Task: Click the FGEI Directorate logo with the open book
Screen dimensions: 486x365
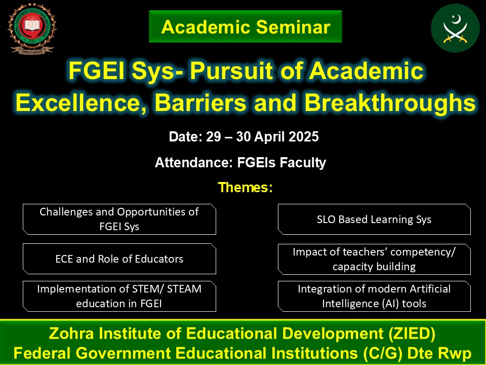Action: (x=32, y=28)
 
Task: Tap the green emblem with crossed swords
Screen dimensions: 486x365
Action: (x=455, y=28)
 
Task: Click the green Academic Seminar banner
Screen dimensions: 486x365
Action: (x=245, y=26)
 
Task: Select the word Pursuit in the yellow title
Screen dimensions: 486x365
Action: (x=232, y=71)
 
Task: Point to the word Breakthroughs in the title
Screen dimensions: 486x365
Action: (x=390, y=102)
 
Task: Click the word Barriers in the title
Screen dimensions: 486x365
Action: (x=200, y=102)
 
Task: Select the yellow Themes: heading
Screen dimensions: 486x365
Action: (x=245, y=187)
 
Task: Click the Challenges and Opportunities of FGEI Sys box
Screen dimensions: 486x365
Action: (x=119, y=219)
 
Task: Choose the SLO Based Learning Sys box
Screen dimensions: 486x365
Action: (x=374, y=219)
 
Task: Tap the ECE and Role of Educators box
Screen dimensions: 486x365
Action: (x=119, y=259)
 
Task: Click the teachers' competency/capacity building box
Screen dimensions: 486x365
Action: (x=374, y=259)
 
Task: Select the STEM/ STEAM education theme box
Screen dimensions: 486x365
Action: (x=119, y=296)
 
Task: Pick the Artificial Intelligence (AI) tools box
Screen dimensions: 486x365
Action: (x=374, y=296)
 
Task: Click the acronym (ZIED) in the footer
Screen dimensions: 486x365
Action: (x=412, y=334)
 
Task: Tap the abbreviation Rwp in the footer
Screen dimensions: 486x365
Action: (x=455, y=353)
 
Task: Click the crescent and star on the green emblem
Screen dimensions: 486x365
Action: (x=456, y=19)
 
